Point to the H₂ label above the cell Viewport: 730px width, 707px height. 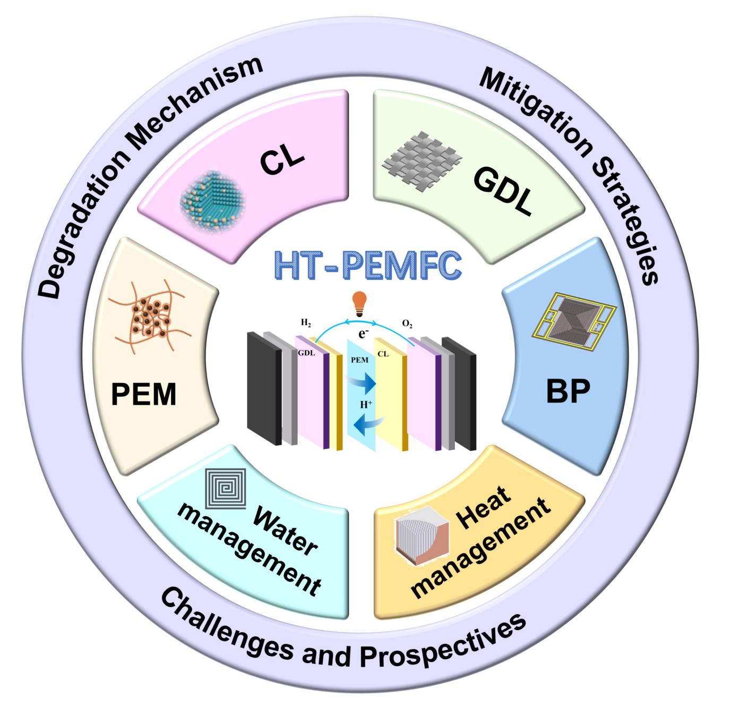[306, 322]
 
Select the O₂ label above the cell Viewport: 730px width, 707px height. [407, 324]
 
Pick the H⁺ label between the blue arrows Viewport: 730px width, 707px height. [366, 404]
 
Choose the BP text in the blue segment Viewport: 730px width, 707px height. [568, 393]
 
